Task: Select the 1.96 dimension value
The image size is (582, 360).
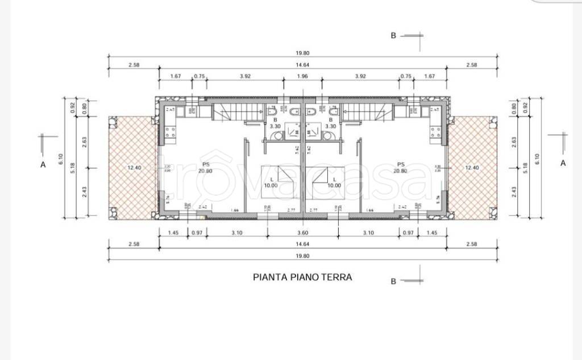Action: coord(302,76)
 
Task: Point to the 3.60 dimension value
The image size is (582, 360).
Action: coord(302,233)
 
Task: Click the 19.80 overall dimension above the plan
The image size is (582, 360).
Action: coord(302,53)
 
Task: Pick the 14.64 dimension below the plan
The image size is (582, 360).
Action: coord(302,245)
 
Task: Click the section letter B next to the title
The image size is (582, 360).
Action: coord(393,281)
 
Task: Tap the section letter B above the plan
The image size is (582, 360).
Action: coord(393,35)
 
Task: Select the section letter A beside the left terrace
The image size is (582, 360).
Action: coord(43,165)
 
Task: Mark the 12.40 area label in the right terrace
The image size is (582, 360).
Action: coord(472,167)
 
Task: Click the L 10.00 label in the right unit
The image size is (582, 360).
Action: coord(334,183)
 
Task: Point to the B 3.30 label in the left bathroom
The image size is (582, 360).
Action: coord(276,123)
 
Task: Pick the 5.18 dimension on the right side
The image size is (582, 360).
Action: coord(525,167)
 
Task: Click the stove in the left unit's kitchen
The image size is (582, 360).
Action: coord(171,134)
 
